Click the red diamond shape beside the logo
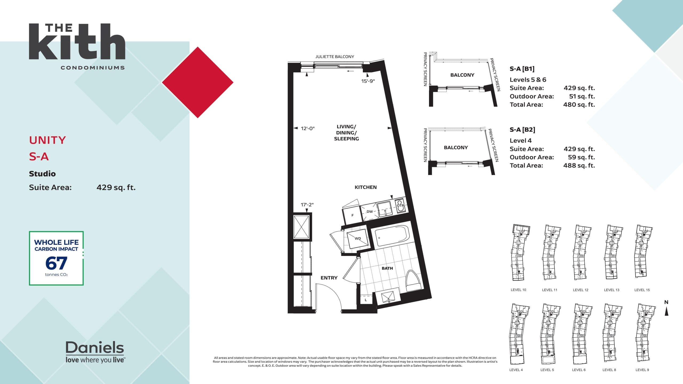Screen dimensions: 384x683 [198, 82]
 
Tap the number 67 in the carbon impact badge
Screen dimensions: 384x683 [56, 263]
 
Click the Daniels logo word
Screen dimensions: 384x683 [95, 347]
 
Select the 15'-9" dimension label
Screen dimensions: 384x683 [368, 81]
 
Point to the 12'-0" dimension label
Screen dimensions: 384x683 [308, 129]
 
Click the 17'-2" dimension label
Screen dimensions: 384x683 [307, 205]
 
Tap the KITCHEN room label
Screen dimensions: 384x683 [366, 187]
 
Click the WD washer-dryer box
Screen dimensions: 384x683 [358, 238]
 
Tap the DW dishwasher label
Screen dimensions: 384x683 [370, 212]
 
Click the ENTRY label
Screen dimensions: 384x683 [329, 278]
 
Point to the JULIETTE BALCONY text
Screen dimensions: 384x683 [335, 57]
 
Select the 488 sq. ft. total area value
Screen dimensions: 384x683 [579, 165]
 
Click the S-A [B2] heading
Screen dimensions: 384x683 [522, 130]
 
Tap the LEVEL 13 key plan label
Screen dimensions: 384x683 [611, 290]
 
